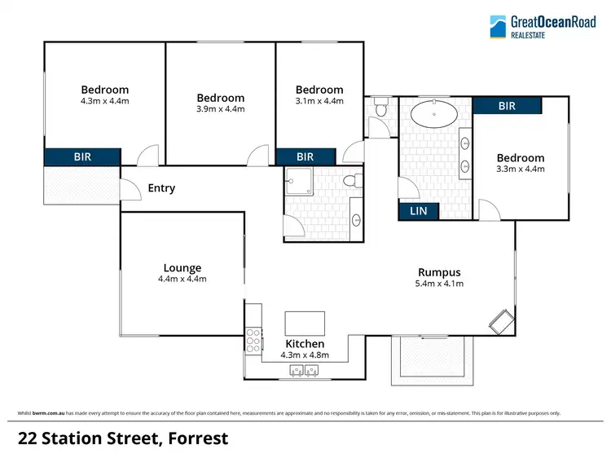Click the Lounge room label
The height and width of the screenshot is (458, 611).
(182, 267)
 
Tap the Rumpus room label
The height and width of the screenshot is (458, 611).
(439, 272)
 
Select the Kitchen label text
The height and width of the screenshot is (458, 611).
(305, 344)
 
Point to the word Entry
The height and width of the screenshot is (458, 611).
(161, 188)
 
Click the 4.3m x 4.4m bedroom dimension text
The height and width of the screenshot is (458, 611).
(104, 101)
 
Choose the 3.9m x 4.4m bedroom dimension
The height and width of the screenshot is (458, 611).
(220, 109)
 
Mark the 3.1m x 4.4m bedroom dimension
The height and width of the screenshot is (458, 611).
(319, 101)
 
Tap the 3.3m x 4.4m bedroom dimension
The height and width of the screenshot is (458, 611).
(521, 169)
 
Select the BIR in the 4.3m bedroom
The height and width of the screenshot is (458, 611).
(82, 156)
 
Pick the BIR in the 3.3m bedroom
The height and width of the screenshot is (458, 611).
(506, 105)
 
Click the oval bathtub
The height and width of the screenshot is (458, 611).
(433, 113)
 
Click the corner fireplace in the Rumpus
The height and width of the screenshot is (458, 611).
(501, 321)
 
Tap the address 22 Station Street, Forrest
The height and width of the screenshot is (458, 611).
(123, 438)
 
